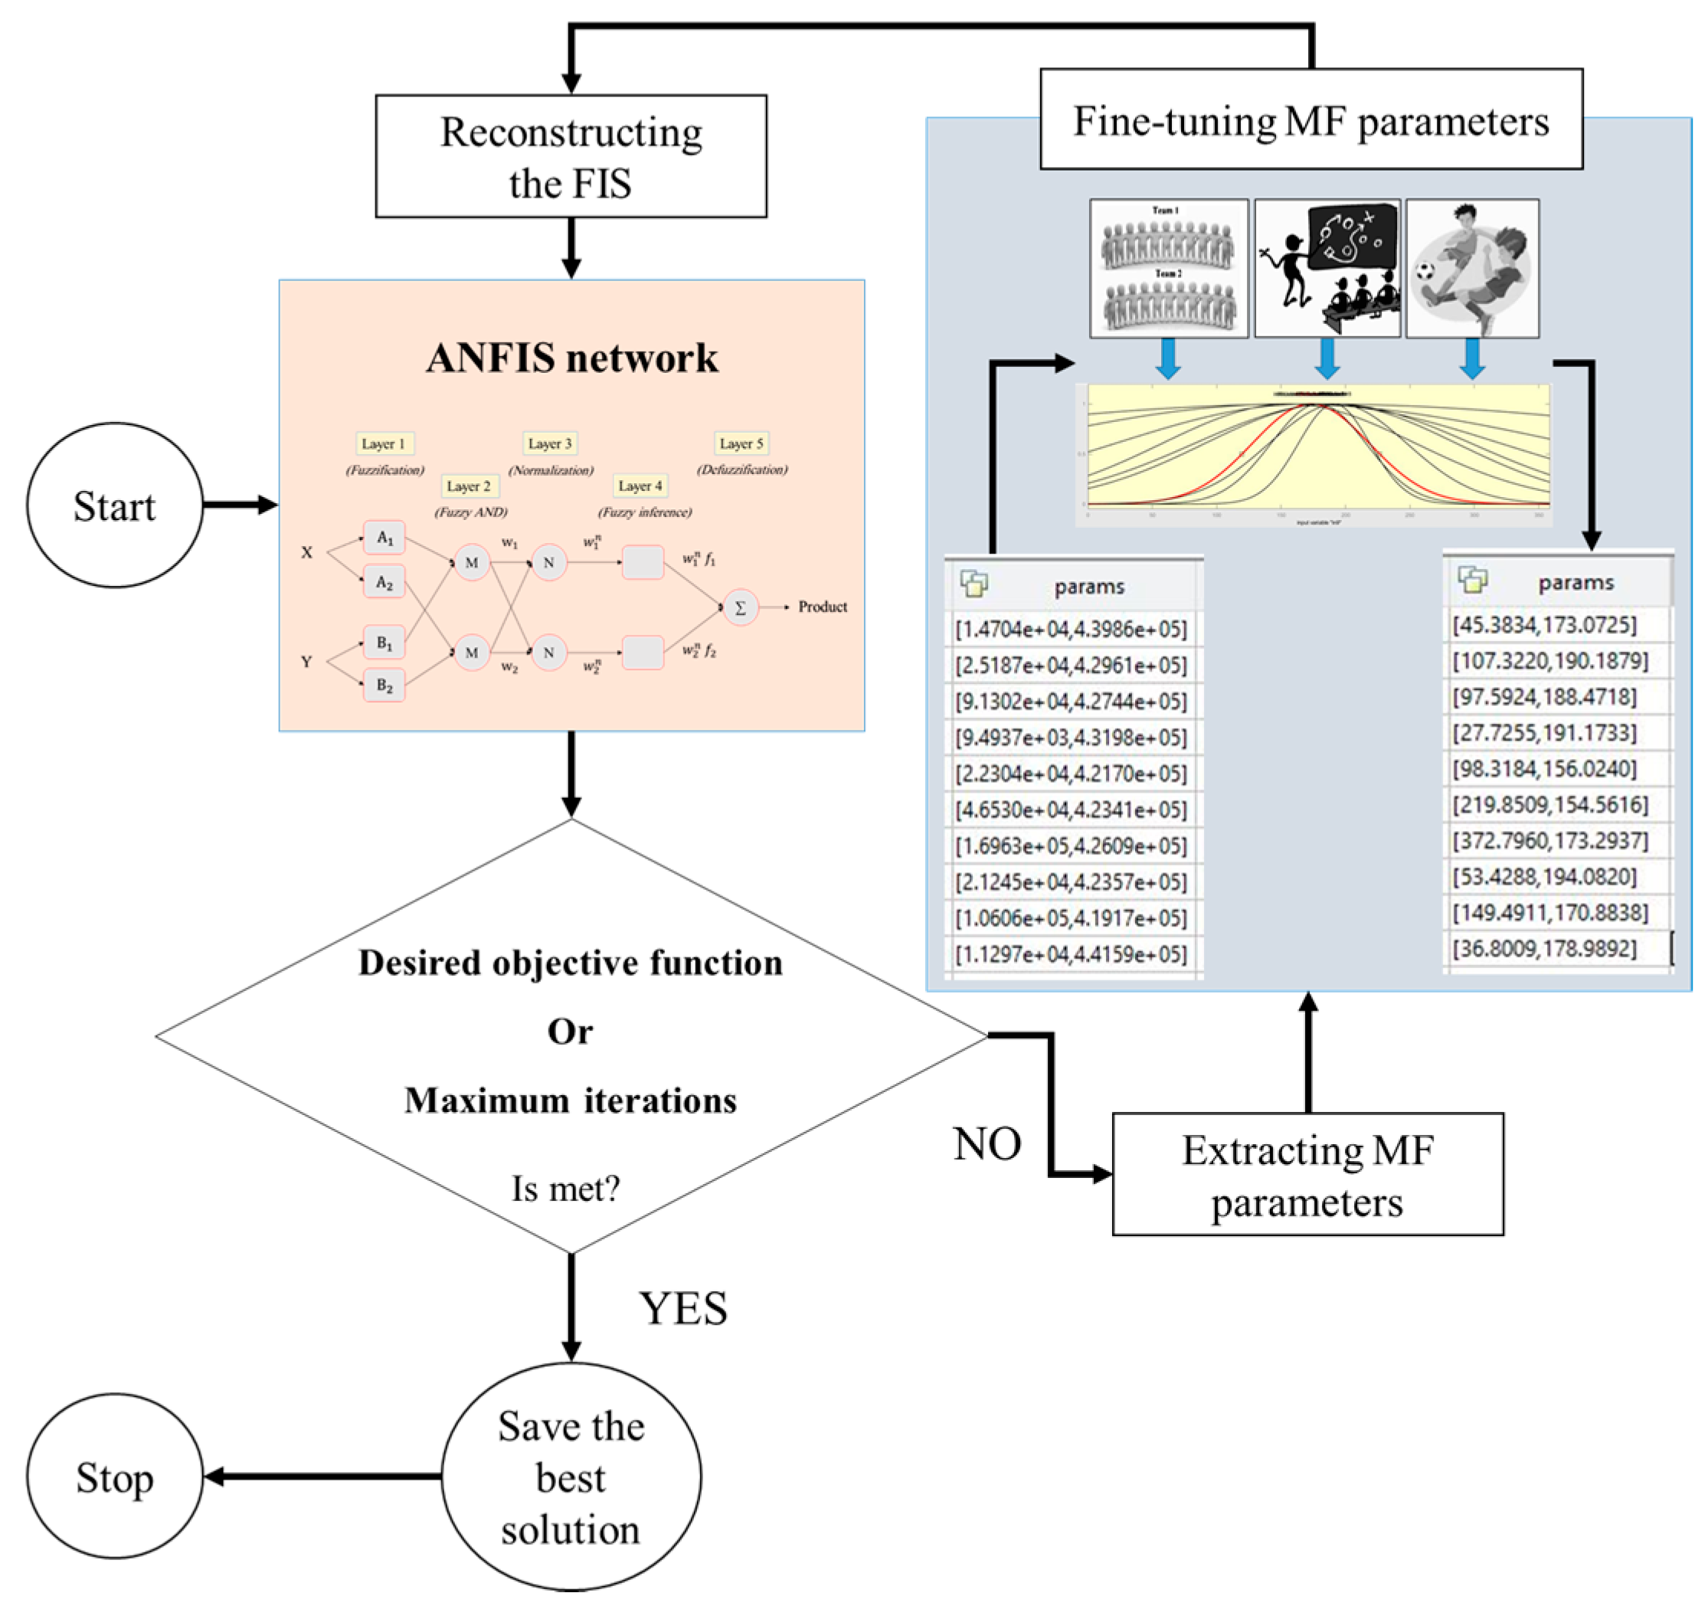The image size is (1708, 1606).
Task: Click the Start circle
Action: tap(114, 505)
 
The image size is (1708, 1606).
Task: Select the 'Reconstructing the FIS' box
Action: tap(571, 156)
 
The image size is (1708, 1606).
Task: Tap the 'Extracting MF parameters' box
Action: tap(1307, 1175)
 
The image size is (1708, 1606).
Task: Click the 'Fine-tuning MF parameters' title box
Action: tap(1310, 120)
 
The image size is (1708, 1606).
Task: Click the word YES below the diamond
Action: tap(683, 1309)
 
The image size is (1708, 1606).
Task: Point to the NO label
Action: tap(987, 1143)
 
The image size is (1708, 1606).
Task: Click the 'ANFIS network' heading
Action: tap(571, 358)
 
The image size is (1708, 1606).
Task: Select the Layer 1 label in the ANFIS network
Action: tap(383, 443)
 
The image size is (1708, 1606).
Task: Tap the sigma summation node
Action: tap(740, 607)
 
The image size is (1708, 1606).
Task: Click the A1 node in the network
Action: tap(384, 538)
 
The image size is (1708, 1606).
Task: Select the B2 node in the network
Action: tap(384, 685)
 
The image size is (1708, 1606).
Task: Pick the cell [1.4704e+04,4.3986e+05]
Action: tap(1071, 629)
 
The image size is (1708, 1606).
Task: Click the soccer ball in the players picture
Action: tap(1425, 272)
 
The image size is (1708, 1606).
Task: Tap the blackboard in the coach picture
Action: tap(1350, 237)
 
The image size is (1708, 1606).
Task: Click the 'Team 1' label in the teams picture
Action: tap(1165, 211)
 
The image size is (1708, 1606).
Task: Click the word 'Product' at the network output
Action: tap(822, 607)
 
